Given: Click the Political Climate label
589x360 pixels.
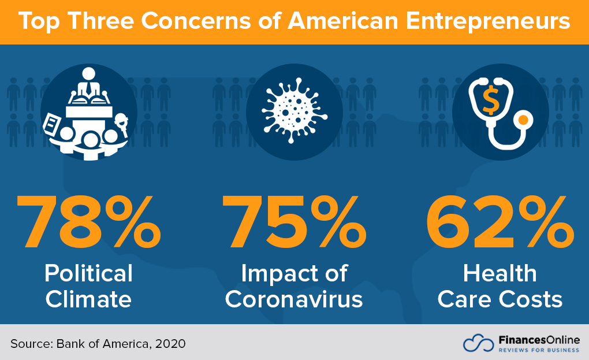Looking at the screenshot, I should (89, 286).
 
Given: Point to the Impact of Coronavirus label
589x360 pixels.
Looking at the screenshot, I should (294, 286).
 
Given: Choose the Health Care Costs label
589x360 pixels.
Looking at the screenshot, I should (499, 286).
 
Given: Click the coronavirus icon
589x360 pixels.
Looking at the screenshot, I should (294, 110).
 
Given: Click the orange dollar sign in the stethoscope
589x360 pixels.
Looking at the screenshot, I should (490, 102).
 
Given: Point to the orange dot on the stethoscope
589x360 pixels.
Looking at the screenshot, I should (523, 120).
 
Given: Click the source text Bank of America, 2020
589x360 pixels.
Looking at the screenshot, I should (121, 343).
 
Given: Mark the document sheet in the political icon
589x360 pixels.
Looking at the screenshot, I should (51, 123).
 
